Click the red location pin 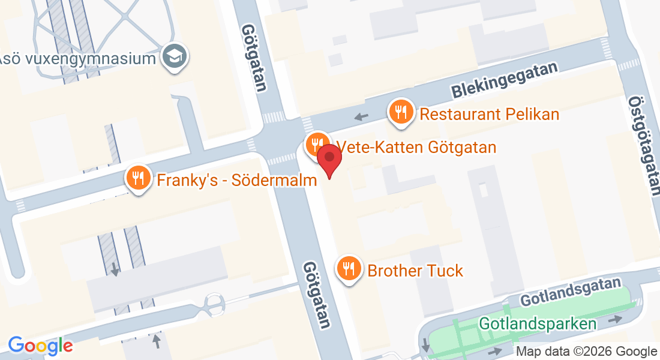point(329,159)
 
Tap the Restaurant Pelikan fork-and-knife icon point(400,112)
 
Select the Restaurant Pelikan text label point(489,114)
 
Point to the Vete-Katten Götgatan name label point(416,147)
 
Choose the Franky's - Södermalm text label point(236,179)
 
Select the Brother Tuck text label point(415,271)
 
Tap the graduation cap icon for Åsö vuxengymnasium point(176,57)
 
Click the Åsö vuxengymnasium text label point(78,59)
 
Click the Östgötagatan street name point(643,145)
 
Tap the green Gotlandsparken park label point(538,324)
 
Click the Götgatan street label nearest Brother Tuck point(317,294)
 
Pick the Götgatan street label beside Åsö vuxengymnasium point(254,58)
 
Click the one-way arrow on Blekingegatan point(361,116)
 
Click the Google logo point(40,346)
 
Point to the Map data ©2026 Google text point(586,352)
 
